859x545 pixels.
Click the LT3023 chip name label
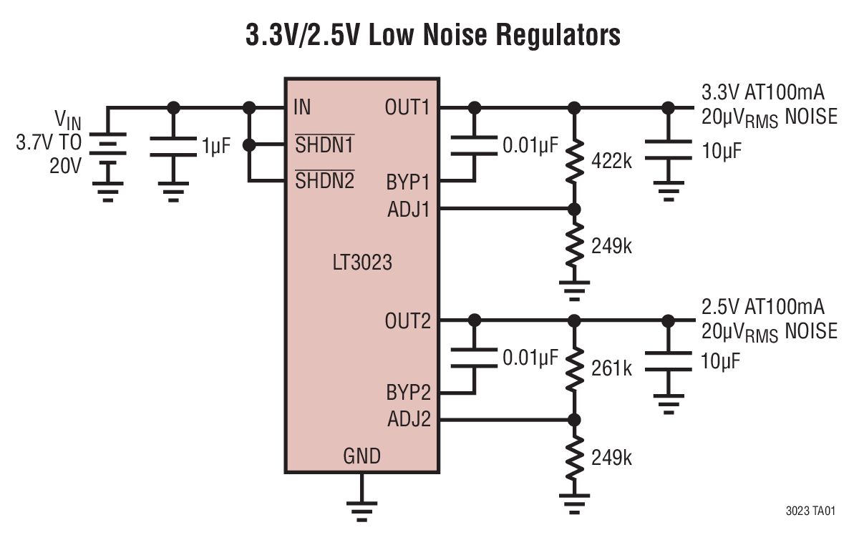click(x=362, y=263)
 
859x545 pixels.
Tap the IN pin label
click(x=302, y=108)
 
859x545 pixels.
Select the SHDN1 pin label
click(x=324, y=145)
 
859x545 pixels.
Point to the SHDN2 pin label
click(x=324, y=181)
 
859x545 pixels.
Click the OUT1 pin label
click(x=407, y=108)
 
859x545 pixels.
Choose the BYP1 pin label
click(x=407, y=182)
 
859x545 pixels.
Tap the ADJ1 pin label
click(x=408, y=210)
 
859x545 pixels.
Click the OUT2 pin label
click(x=407, y=321)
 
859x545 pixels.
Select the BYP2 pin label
click(x=407, y=393)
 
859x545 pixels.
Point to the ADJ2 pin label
click(x=408, y=420)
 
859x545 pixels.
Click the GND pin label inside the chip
click(x=362, y=456)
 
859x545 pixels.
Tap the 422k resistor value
click(x=611, y=162)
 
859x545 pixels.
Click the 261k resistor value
click(x=611, y=369)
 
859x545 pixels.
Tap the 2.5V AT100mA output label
click(x=763, y=308)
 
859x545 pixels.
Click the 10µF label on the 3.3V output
click(x=721, y=152)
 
